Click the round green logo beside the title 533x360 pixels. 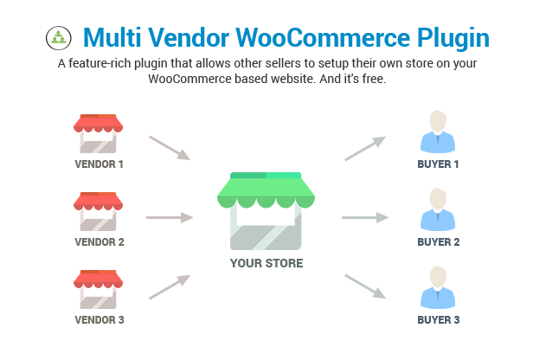point(59,38)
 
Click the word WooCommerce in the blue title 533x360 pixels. point(323,37)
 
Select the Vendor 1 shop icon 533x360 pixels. point(98,133)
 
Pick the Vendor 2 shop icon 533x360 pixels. point(98,211)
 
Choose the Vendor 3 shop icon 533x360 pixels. point(98,289)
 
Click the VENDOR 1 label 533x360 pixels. point(99,164)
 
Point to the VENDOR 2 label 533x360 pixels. point(100,242)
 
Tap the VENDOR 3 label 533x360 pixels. point(100,320)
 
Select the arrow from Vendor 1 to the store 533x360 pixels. point(170,148)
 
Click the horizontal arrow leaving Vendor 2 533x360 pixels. point(170,217)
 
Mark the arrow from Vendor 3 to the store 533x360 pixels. point(170,287)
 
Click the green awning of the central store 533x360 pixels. point(266,190)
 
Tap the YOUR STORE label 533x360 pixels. point(266,263)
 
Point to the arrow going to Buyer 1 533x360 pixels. point(365,148)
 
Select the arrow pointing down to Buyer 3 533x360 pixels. point(365,286)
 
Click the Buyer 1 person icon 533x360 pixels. point(438,132)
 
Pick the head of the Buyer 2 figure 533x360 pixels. point(438,198)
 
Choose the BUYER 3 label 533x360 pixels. point(439,320)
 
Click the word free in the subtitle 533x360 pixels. point(374,79)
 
